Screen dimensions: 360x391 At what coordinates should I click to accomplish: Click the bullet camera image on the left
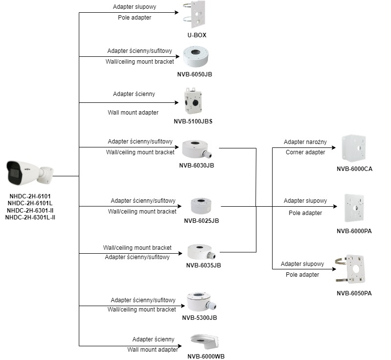click(29, 173)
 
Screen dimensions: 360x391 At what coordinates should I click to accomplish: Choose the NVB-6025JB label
click(201, 220)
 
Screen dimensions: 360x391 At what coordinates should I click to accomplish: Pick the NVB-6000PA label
click(354, 231)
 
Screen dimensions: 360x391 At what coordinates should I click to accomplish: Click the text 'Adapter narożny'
click(305, 142)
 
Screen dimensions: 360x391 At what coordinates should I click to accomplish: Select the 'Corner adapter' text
click(305, 152)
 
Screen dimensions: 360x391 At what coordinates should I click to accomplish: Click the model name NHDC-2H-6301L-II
click(30, 217)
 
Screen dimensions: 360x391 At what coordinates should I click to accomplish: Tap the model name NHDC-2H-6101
click(30, 196)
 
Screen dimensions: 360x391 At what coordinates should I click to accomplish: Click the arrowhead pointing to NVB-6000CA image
click(334, 147)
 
